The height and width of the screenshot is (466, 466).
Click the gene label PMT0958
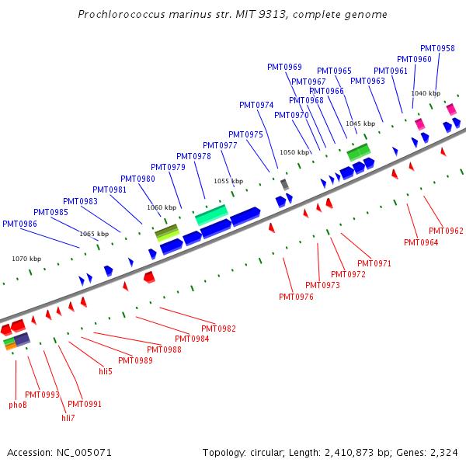point(437,48)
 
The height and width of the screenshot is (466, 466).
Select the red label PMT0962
point(446,231)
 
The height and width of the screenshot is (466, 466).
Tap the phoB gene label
point(18,405)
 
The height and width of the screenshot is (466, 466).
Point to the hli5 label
point(106,371)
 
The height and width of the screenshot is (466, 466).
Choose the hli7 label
point(68,418)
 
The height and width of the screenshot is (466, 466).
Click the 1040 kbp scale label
point(425,93)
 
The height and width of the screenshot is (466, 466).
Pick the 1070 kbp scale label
point(26,259)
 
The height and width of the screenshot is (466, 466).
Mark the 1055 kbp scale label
point(228,181)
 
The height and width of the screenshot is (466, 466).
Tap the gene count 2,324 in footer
point(443,452)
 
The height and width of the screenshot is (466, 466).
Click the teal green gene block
point(210,215)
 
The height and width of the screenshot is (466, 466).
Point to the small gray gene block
point(284,184)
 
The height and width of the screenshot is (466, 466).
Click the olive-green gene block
point(167,231)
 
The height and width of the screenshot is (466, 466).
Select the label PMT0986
point(19,224)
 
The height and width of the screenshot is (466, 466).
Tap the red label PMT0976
point(296,297)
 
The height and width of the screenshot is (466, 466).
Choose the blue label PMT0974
point(256,105)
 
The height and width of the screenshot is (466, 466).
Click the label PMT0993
point(42,395)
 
